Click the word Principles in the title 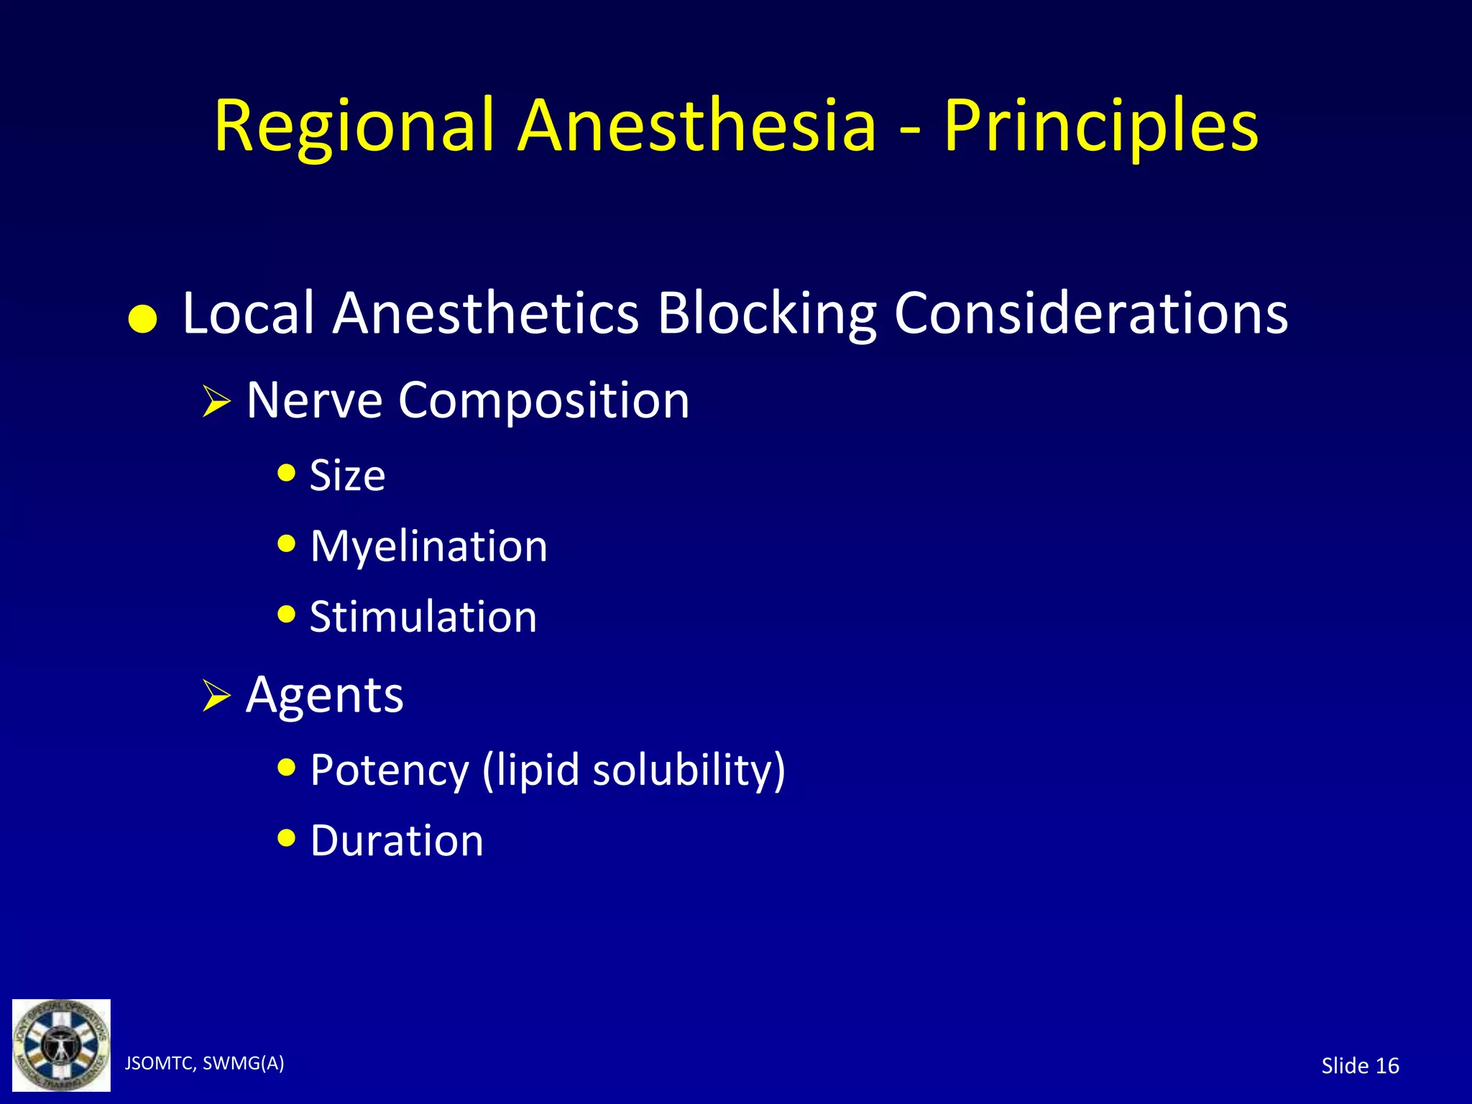pos(1100,126)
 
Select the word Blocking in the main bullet pos(766,313)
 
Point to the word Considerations pos(1090,313)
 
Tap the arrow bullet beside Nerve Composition pos(215,402)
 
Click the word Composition pos(543,401)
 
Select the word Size pos(347,476)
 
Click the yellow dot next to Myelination pos(286,544)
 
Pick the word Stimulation pos(423,617)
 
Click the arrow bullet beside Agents pos(215,696)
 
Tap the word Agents pos(324,694)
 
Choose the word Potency pos(389,770)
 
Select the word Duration pos(396,840)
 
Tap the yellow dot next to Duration pos(286,838)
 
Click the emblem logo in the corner pos(62,1045)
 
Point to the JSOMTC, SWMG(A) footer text pos(204,1063)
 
